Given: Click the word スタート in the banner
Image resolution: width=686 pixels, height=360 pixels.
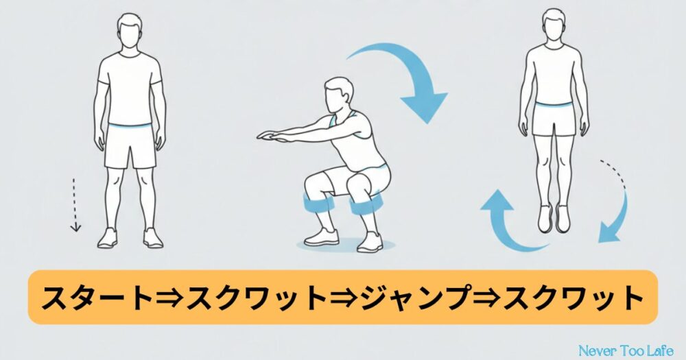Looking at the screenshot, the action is point(96,298).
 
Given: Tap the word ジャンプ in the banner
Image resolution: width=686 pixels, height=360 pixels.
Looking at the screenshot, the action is point(416,298).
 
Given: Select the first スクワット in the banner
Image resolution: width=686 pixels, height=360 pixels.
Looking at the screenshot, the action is point(256,298).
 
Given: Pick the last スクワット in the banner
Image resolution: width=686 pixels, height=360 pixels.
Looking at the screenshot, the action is point(573,298).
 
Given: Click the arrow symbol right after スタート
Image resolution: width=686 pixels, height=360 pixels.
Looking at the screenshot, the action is point(169,298).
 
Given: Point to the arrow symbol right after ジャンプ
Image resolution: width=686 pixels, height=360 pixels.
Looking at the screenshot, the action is point(488,298).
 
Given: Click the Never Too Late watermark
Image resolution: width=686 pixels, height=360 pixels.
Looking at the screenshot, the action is point(626,350).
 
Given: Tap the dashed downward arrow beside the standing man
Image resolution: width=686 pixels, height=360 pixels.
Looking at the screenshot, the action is point(75,205).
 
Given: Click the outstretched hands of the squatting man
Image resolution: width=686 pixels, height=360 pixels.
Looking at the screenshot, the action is point(268,136).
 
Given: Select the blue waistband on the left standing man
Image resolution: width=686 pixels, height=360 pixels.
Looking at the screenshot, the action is point(130,126).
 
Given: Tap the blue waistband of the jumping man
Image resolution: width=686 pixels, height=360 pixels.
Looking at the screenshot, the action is point(554,104).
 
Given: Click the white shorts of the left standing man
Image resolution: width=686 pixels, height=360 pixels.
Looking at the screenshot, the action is point(130,147).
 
